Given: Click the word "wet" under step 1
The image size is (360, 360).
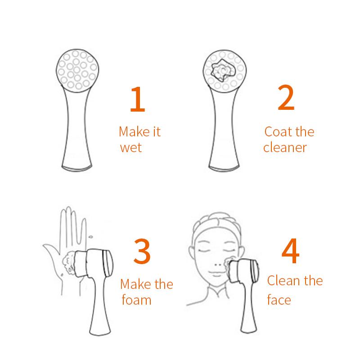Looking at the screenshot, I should coord(131,147).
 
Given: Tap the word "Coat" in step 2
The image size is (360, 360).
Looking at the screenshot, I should coord(277,132).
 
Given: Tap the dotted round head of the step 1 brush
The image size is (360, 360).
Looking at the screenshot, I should coord(75,70).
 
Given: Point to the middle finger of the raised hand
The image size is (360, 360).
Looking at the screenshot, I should coord(67,225).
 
